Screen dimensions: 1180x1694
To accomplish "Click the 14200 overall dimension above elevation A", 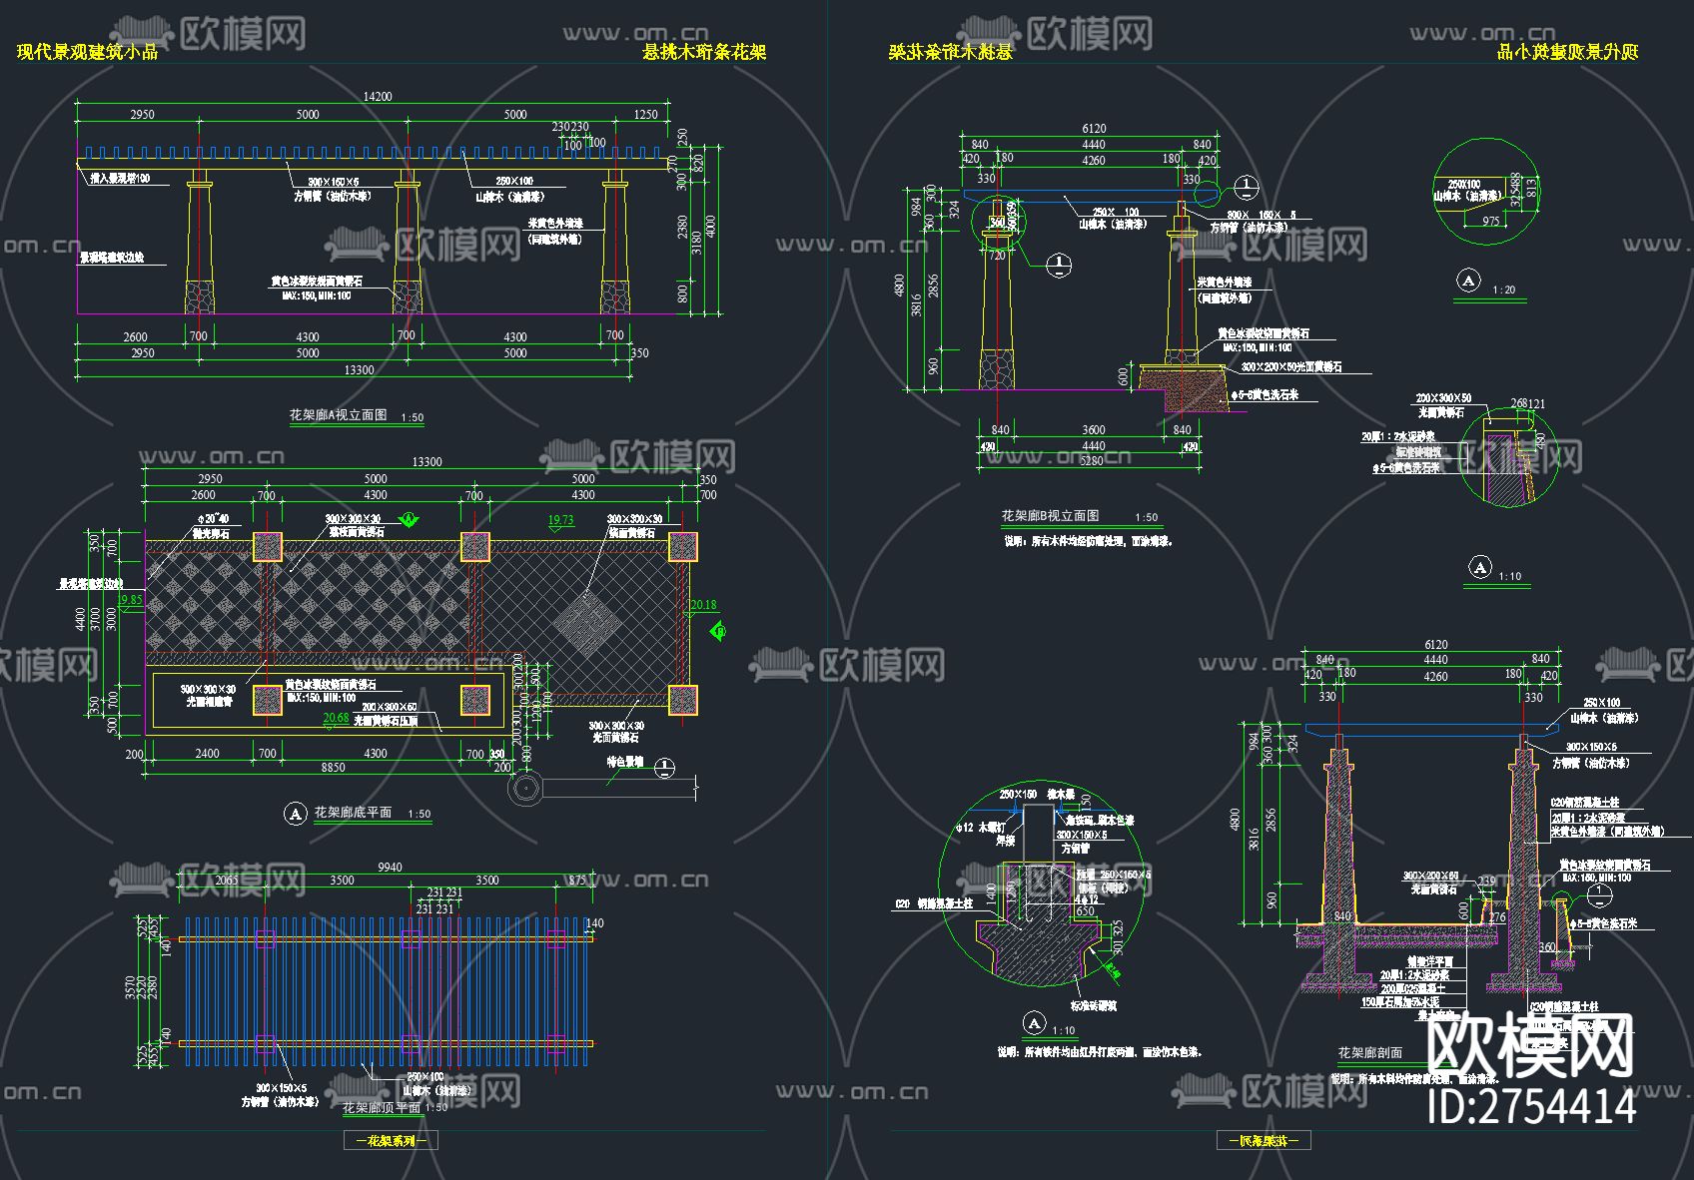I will [378, 97].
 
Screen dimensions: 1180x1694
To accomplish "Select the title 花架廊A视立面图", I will [338, 415].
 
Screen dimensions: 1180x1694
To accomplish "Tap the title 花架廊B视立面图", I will [1050, 516].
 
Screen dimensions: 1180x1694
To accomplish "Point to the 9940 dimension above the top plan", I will [390, 868].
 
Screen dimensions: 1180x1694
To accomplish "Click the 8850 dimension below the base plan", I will [333, 768].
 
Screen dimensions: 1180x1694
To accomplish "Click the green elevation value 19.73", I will [561, 520].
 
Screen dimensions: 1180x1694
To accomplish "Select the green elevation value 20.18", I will [703, 605].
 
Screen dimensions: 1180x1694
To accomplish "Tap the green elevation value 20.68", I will [337, 718].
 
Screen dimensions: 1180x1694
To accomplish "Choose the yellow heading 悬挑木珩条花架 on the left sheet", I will [704, 52].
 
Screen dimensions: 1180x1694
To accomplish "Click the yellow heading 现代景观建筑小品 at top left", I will [88, 52].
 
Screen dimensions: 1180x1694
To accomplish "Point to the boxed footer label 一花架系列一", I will [391, 1140].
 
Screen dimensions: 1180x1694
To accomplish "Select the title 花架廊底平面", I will [353, 813].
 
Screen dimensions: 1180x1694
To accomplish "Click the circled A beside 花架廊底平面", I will [295, 814].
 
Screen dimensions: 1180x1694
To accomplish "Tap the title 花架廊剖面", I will [1369, 1053].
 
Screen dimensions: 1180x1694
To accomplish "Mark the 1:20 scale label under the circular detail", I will [1503, 291].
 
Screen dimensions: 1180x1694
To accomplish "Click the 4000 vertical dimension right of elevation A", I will [710, 228].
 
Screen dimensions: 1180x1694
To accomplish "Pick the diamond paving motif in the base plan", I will [586, 626].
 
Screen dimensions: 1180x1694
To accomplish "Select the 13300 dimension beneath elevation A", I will [359, 370].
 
